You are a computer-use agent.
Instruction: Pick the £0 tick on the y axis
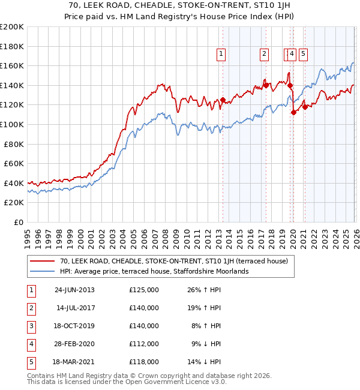click(x=18, y=222)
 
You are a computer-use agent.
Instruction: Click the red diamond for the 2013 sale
click(x=223, y=100)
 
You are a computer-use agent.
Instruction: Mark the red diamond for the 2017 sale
click(x=265, y=85)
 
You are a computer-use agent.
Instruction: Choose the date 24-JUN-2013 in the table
click(x=74, y=290)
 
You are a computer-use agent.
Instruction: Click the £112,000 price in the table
click(x=144, y=344)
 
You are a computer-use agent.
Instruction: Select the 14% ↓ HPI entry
click(x=205, y=362)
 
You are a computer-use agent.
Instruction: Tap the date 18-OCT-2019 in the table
click(x=74, y=326)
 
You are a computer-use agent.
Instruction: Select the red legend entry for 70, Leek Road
click(x=174, y=261)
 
